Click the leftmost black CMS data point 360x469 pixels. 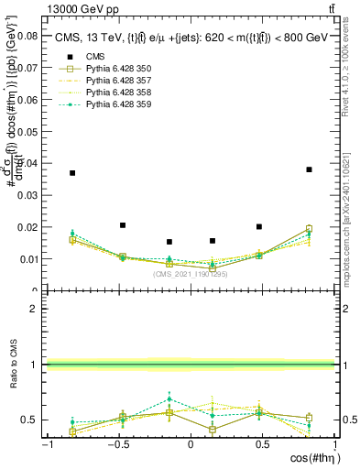72,172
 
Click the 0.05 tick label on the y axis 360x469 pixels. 27,132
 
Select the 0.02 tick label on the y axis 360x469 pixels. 27,227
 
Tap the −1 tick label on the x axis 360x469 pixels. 46,444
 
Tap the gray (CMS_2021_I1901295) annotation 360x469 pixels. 191,273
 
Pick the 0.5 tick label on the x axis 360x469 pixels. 263,444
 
